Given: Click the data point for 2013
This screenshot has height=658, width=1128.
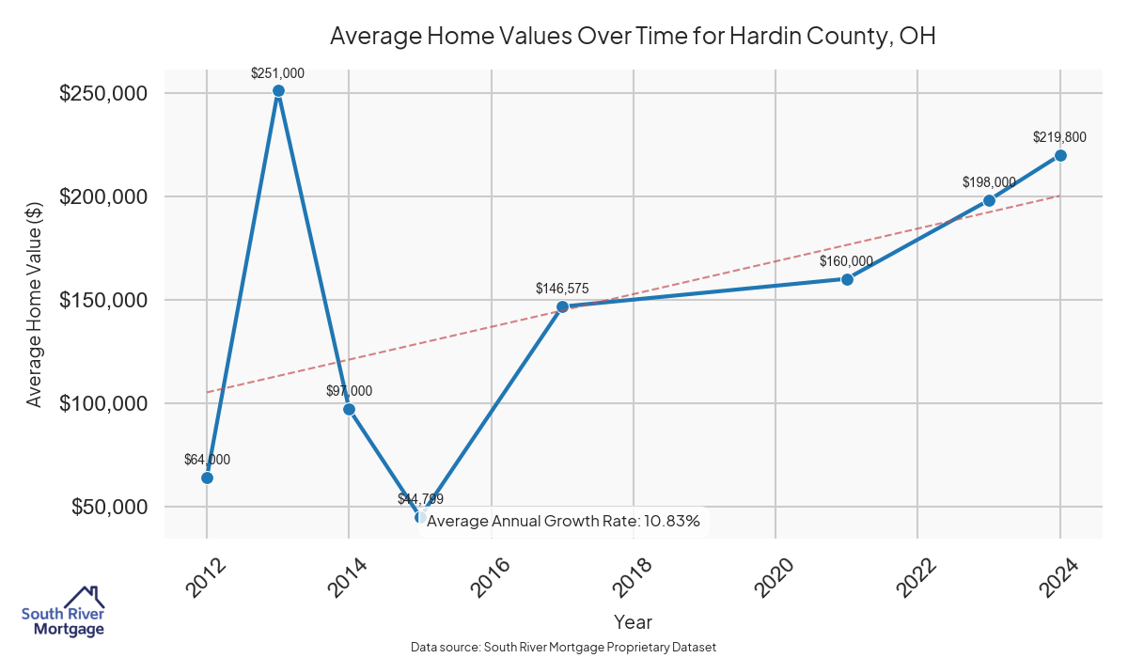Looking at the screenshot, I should pyautogui.click(x=278, y=91).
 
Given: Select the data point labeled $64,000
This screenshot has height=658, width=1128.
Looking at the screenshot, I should pyautogui.click(x=207, y=478).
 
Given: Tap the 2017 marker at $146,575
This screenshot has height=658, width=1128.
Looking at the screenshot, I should pyautogui.click(x=562, y=306).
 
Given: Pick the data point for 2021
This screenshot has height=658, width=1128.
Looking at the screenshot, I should pyautogui.click(x=847, y=279).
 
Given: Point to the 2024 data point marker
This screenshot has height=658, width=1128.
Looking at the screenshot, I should pyautogui.click(x=1060, y=155).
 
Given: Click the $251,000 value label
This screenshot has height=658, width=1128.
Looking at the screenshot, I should pyautogui.click(x=277, y=72).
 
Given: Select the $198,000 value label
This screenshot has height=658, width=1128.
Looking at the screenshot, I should pyautogui.click(x=989, y=181).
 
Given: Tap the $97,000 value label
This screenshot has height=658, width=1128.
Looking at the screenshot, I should pyautogui.click(x=349, y=391).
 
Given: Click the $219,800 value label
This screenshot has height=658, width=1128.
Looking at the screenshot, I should pyautogui.click(x=1059, y=137).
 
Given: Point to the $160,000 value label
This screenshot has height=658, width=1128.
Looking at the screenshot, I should pyautogui.click(x=846, y=261).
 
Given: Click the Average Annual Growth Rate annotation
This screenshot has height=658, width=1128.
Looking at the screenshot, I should pyautogui.click(x=563, y=521).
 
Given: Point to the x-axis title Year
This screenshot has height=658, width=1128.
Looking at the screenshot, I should pyautogui.click(x=633, y=621).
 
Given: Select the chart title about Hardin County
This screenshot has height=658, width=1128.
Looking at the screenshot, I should pyautogui.click(x=633, y=37).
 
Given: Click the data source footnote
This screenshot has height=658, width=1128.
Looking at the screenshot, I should pyautogui.click(x=564, y=648).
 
